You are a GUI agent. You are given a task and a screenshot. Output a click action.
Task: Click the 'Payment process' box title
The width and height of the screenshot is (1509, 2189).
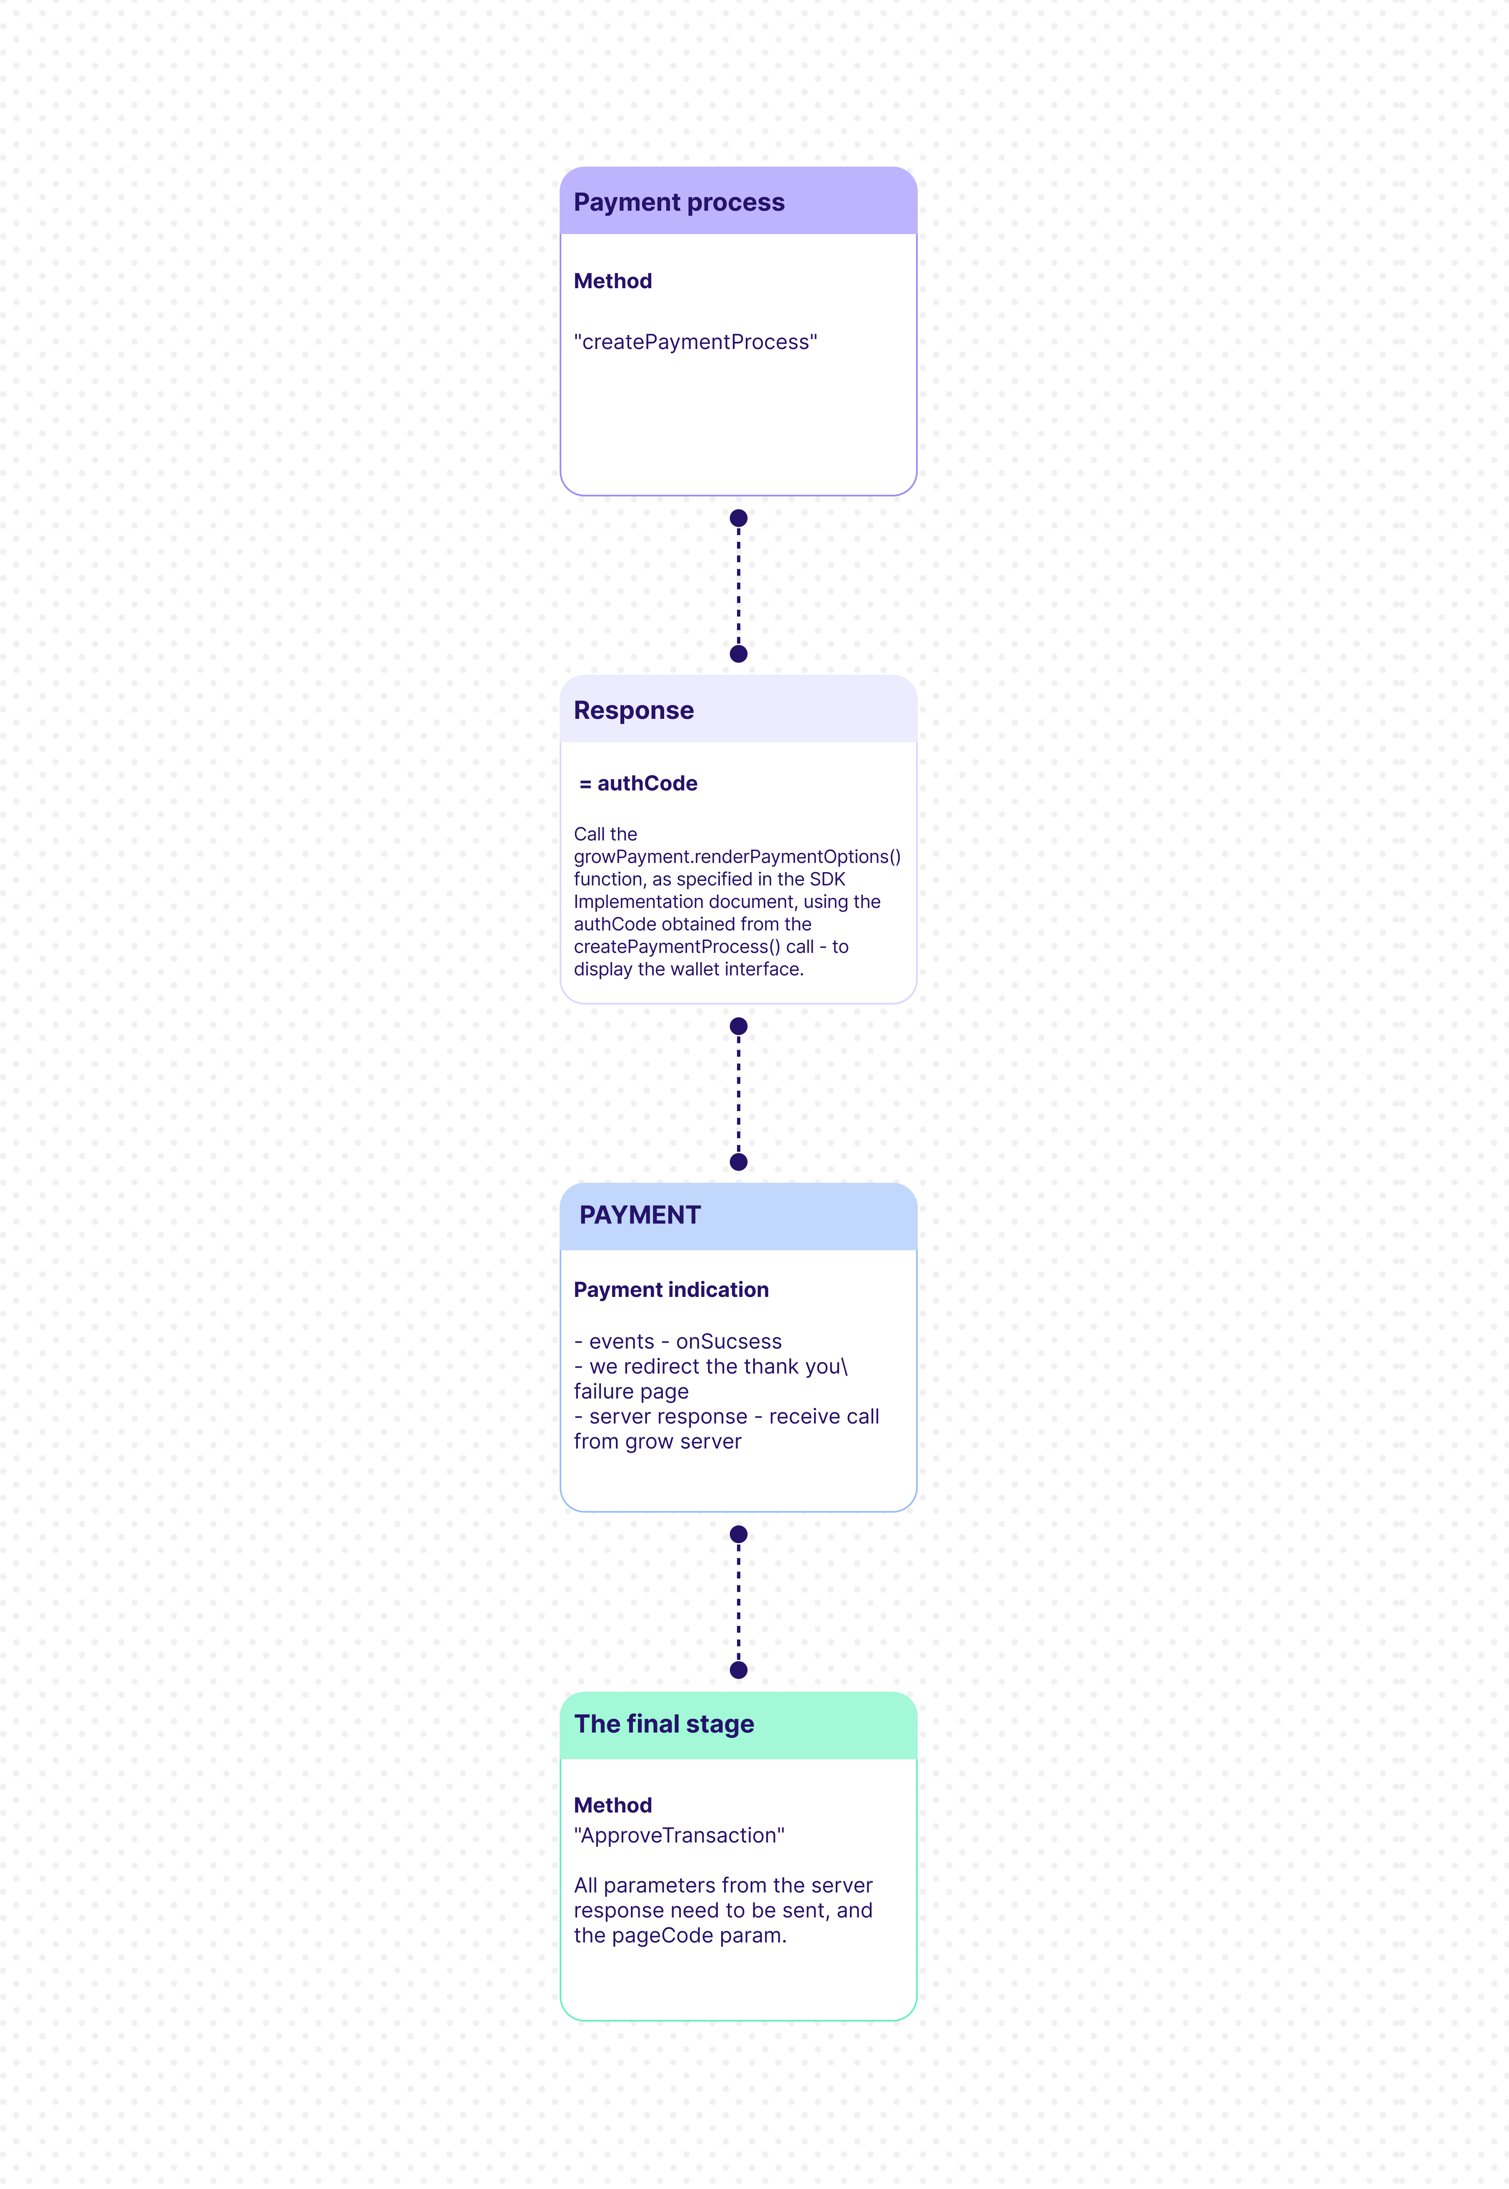(679, 202)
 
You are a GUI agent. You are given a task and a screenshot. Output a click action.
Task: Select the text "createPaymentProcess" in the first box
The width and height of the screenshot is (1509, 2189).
(696, 342)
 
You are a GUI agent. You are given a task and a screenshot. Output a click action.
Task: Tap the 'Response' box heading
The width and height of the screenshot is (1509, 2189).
(633, 710)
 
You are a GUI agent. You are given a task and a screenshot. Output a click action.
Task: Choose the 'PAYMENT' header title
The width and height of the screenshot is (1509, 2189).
(640, 1215)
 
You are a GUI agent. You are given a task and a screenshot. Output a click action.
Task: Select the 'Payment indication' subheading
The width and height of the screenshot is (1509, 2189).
(671, 1290)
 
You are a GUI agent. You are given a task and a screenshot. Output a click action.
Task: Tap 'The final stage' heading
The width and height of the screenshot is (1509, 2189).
(664, 1724)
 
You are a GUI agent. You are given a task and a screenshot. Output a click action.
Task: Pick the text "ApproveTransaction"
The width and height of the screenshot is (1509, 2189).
(679, 1835)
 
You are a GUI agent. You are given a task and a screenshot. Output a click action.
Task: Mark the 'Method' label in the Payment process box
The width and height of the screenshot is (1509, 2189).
(613, 281)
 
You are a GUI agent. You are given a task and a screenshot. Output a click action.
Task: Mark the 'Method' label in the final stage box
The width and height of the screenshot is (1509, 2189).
(613, 1805)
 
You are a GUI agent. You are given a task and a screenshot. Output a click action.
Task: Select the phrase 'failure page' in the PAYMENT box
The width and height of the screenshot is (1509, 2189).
(631, 1392)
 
